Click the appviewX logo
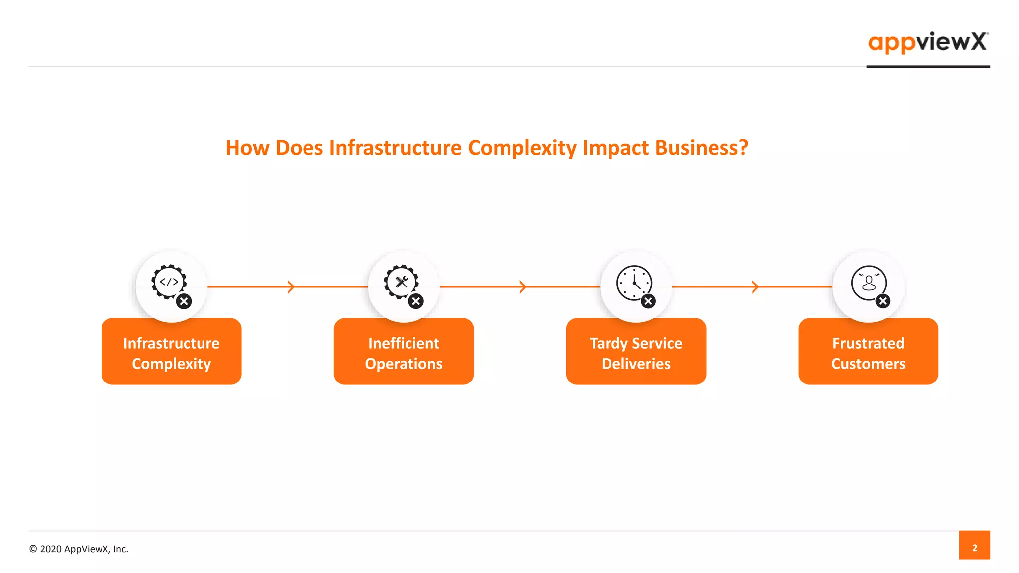coord(927,42)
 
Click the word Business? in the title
coord(702,148)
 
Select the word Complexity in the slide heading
coord(522,148)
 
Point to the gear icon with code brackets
coord(169,282)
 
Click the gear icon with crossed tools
coord(401,282)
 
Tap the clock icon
coord(634,283)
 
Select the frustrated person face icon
coord(868,283)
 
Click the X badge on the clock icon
coord(648,301)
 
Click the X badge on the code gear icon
coord(184,301)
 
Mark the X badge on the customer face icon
coord(883,301)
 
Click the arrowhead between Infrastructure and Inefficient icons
coord(291,286)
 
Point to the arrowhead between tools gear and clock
coord(523,286)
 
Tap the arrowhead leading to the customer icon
coord(755,286)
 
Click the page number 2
coord(974,548)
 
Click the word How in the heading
coord(247,148)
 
